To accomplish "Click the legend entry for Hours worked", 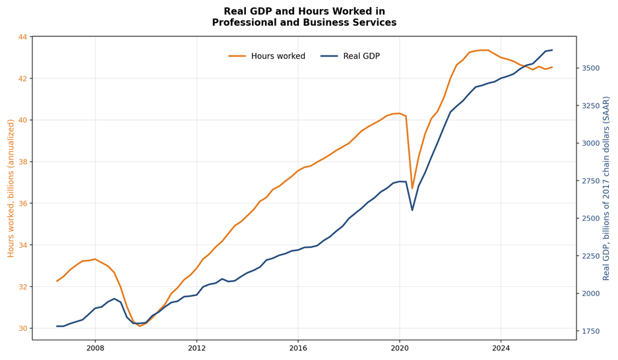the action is point(267,56).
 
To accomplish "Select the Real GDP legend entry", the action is point(350,56).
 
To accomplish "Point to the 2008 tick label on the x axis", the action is point(95,348).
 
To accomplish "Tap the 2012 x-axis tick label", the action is point(197,348).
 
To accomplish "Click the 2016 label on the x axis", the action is point(298,348).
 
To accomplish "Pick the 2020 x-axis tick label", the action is point(399,348).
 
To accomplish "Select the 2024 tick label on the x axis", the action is point(501,348).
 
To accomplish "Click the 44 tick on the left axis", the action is point(22,37).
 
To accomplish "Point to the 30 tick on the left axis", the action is point(22,328).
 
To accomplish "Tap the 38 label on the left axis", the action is point(22,162).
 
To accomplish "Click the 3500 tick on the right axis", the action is point(591,68).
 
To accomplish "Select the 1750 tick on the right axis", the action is point(591,331).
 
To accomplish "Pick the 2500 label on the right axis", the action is point(591,219).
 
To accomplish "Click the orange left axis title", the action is point(11,189).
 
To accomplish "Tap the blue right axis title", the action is point(606,189).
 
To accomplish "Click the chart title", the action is point(304,17).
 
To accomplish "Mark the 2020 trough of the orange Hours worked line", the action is point(412,189).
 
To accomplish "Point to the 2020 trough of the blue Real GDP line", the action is point(412,210).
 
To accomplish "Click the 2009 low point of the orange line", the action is point(140,326).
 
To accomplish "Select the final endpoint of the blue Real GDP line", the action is point(552,50).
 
